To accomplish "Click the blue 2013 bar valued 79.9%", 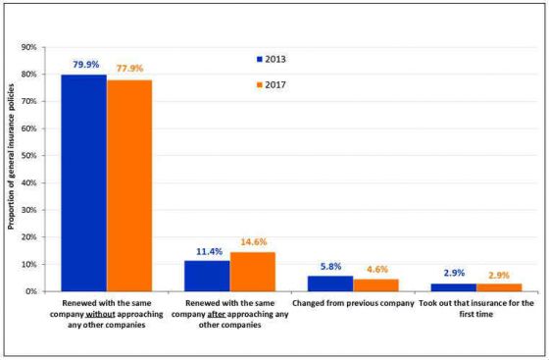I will (x=83, y=183).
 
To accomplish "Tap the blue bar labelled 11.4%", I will (x=207, y=276).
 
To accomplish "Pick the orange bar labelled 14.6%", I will (x=252, y=272).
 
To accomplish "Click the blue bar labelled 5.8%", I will (x=329, y=283).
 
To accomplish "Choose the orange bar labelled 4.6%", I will (x=375, y=285).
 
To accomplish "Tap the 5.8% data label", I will (x=330, y=267).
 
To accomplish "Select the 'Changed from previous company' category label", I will (x=353, y=303).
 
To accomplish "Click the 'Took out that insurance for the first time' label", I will (x=475, y=309).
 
